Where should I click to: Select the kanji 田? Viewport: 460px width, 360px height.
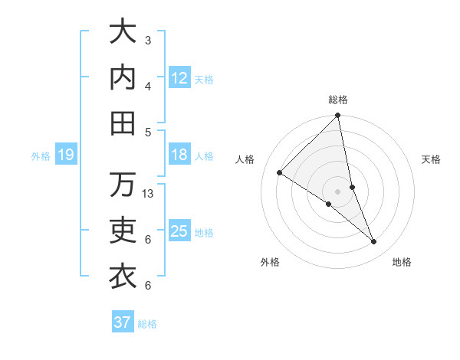point(123,122)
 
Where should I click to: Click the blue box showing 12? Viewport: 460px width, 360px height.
point(179,78)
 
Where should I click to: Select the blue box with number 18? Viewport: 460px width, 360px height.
point(179,155)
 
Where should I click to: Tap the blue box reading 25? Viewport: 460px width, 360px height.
point(179,232)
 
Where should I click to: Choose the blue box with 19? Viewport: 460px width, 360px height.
point(65,155)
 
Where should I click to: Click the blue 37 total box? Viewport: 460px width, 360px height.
point(122,322)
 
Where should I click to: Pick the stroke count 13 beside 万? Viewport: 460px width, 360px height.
point(149,194)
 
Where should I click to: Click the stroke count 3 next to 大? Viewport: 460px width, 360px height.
point(148,40)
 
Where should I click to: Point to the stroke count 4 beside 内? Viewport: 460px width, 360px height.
point(148,86)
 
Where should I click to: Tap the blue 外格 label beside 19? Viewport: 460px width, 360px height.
point(41,156)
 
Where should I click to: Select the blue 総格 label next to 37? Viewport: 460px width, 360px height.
point(147,324)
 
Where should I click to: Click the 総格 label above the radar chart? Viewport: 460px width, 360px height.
point(338,100)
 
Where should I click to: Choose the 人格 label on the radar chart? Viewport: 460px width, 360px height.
point(245,159)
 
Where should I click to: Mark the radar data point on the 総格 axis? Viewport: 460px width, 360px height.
point(337,116)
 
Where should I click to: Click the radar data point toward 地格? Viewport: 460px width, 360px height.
point(374,242)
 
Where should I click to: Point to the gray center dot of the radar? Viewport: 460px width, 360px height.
point(337,191)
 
